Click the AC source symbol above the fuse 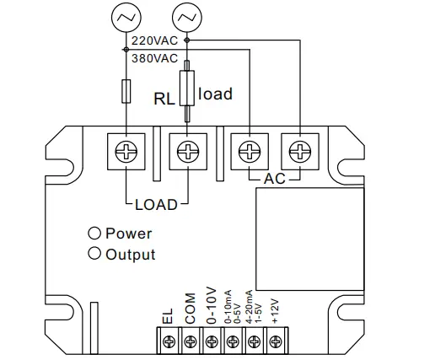pyautogui.click(x=126, y=16)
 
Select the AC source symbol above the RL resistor pyautogui.click(x=186, y=16)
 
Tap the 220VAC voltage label pyautogui.click(x=153, y=40)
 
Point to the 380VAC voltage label pyautogui.click(x=153, y=58)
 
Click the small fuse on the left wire pyautogui.click(x=126, y=90)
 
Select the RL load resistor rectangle pyautogui.click(x=186, y=84)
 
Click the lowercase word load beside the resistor pyautogui.click(x=215, y=94)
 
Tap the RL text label pyautogui.click(x=164, y=96)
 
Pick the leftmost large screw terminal pyautogui.click(x=126, y=152)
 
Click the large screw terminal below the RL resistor pyautogui.click(x=186, y=152)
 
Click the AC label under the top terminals pyautogui.click(x=275, y=180)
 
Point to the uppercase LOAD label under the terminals pyautogui.click(x=156, y=204)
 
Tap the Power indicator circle pyautogui.click(x=95, y=234)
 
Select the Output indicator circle pyautogui.click(x=95, y=254)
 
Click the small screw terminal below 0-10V pyautogui.click(x=212, y=341)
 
